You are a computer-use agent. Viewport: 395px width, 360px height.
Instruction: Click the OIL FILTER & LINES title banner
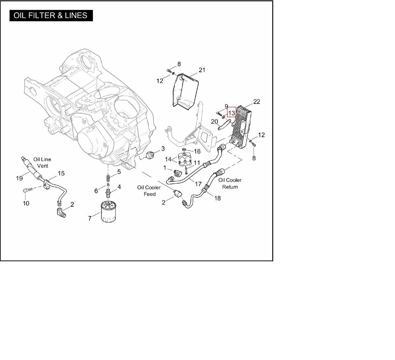tap(51, 16)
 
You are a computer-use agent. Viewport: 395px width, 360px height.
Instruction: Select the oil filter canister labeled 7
tap(108, 211)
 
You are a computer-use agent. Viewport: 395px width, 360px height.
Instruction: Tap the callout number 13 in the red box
tap(232, 113)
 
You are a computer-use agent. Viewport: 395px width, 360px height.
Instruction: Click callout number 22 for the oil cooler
tap(256, 102)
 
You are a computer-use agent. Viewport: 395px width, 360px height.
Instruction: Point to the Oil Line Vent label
tap(42, 162)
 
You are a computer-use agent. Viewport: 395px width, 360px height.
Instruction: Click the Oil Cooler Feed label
tap(149, 191)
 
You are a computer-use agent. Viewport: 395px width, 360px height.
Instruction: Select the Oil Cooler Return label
tap(230, 183)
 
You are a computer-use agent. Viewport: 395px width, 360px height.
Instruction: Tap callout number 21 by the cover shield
tap(202, 70)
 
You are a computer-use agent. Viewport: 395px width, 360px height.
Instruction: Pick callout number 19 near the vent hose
tap(19, 178)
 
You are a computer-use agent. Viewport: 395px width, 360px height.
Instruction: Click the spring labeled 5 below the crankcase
tap(108, 179)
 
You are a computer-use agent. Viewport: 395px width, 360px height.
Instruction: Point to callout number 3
tap(163, 149)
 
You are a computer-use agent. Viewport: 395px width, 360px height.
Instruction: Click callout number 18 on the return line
tap(217, 198)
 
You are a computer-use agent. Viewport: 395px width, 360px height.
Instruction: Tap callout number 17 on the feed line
tap(198, 184)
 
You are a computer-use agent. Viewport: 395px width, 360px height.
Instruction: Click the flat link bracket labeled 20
tap(225, 125)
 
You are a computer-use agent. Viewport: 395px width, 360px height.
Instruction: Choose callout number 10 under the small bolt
tap(26, 203)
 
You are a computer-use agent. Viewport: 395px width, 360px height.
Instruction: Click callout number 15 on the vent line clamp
tap(61, 173)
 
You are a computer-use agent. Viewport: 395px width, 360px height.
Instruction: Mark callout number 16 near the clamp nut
tap(197, 151)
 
